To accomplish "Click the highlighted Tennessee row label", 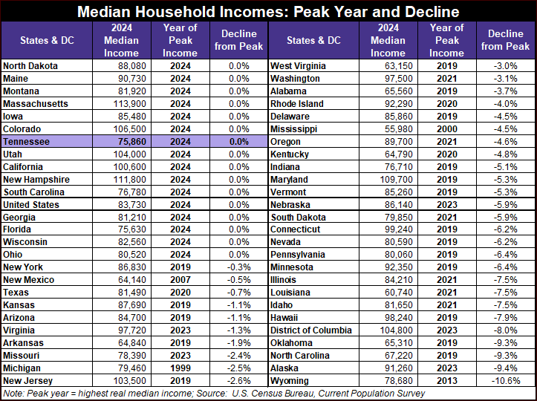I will (27, 142).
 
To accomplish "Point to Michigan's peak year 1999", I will (180, 368).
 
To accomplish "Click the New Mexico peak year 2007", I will (180, 280).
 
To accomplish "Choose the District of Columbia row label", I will (311, 330).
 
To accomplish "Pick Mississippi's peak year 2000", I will (446, 129).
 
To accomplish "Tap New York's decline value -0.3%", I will (238, 267).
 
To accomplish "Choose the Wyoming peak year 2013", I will (446, 381).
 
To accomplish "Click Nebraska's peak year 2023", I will (446, 205).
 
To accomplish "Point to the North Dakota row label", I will (30, 66).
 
